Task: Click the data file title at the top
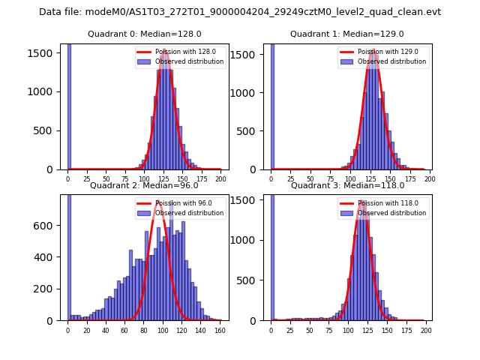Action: (240, 12)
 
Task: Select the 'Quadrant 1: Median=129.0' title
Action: (346, 34)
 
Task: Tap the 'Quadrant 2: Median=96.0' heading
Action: (144, 185)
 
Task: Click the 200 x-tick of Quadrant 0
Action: (220, 179)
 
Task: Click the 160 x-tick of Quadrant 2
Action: (220, 330)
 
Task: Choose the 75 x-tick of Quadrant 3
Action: (328, 330)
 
